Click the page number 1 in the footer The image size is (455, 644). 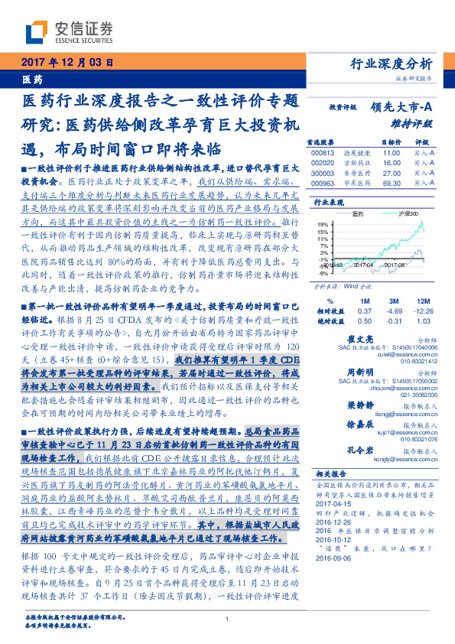(228, 620)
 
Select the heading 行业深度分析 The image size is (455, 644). (395, 63)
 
